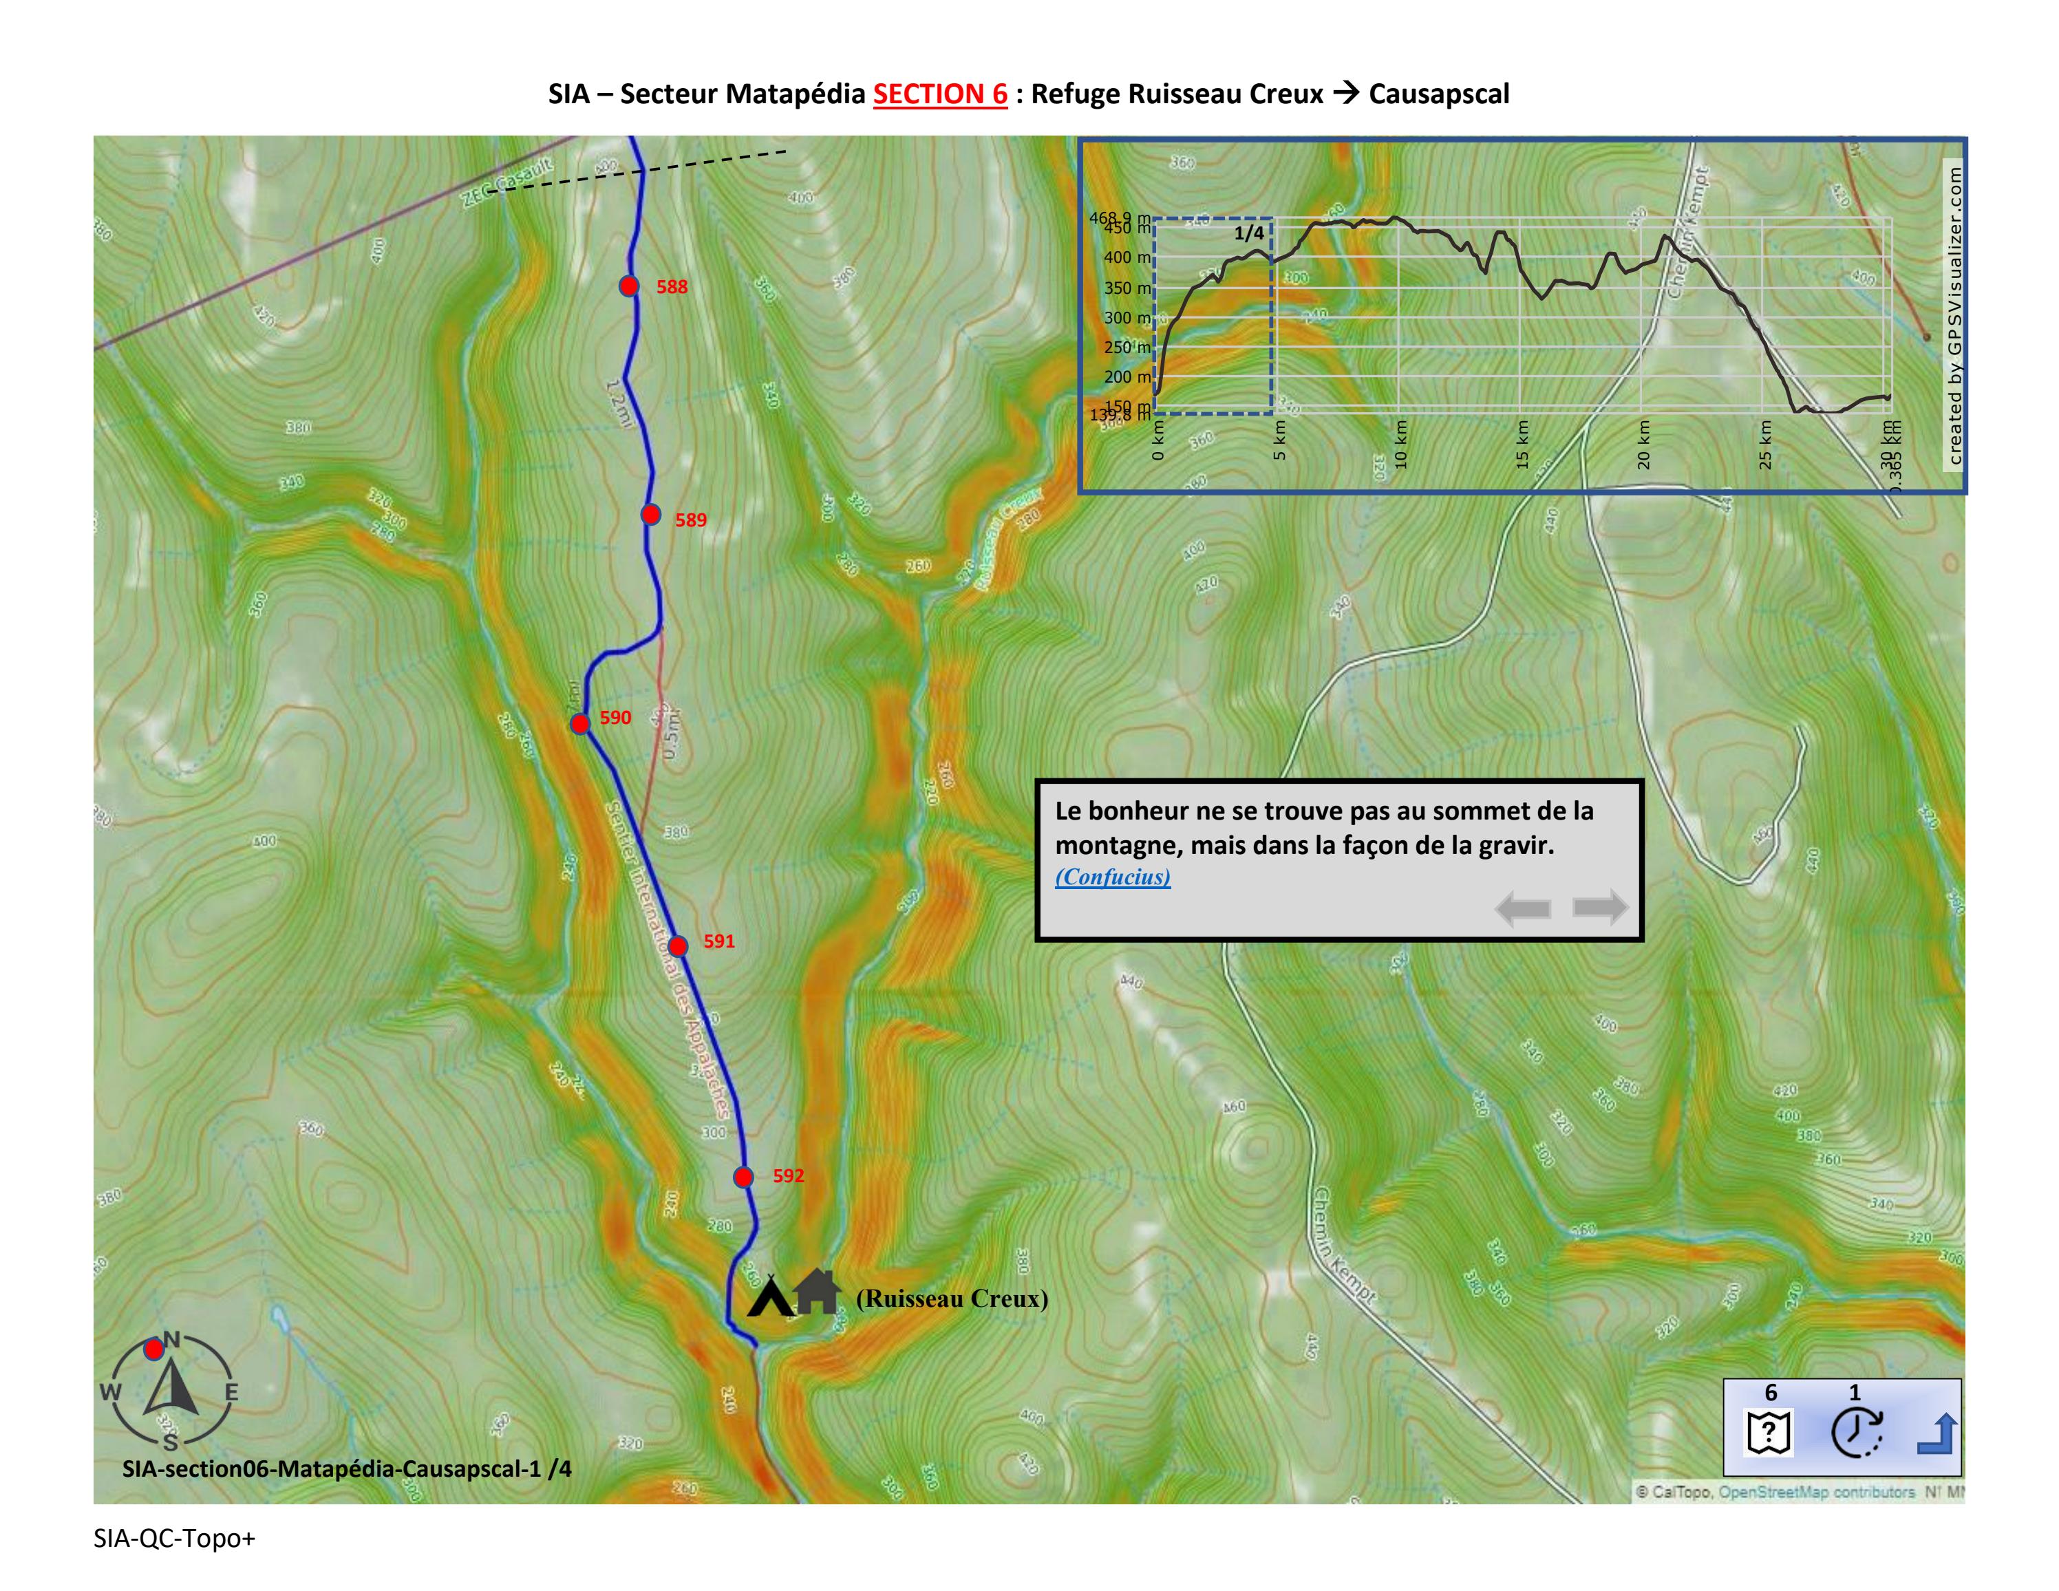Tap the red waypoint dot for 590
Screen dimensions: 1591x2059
click(x=581, y=723)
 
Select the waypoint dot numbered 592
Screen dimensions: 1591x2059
click(x=744, y=1176)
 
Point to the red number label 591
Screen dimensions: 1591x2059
click(x=718, y=941)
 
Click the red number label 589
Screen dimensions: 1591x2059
click(x=690, y=520)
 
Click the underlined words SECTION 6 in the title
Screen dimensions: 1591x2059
click(x=940, y=94)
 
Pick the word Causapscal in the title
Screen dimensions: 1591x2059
click(x=1439, y=94)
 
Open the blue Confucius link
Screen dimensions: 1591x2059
click(x=1113, y=877)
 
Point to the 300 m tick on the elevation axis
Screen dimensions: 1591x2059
click(x=1127, y=318)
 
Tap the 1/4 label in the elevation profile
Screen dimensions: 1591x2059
click(x=1248, y=233)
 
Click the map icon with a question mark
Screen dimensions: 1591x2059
click(x=1769, y=1433)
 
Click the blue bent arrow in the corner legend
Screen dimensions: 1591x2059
click(x=1937, y=1435)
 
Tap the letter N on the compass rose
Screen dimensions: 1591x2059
click(x=171, y=1339)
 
